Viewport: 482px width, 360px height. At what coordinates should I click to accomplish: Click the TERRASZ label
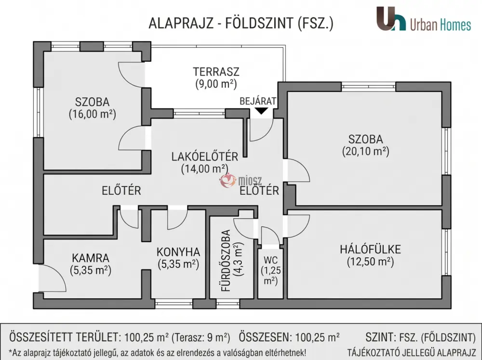(x=216, y=72)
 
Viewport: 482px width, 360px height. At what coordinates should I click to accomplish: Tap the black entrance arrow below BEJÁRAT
(x=261, y=111)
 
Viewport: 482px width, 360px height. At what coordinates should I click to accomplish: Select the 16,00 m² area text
(x=92, y=114)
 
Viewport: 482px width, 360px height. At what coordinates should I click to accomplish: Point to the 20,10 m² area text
(x=365, y=151)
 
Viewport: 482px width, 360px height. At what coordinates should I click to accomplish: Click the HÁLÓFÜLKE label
(x=370, y=249)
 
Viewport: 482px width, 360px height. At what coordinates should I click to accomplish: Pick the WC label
(x=270, y=260)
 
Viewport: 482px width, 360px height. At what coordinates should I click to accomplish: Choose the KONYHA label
(x=178, y=252)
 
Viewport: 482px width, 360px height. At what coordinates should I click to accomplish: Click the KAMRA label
(x=91, y=258)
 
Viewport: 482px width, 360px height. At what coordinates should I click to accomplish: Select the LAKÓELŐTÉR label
(x=205, y=157)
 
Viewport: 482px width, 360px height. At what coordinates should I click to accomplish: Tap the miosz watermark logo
(x=241, y=180)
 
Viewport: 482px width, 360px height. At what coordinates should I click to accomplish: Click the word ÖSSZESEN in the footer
(x=265, y=337)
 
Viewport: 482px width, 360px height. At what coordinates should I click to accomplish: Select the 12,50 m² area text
(x=370, y=262)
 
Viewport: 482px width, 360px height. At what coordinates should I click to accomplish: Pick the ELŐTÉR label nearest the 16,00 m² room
(x=121, y=191)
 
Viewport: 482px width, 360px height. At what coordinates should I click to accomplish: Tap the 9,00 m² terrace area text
(x=216, y=84)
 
